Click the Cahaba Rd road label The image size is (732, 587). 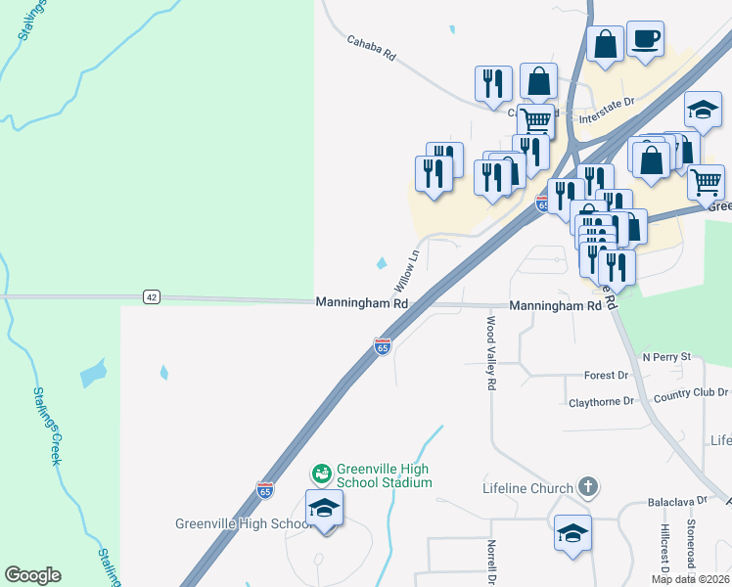[x=371, y=49]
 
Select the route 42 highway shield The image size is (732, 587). [x=150, y=296]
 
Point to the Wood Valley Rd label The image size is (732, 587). [x=491, y=353]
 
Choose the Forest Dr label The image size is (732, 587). [x=606, y=376]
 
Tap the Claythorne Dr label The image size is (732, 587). [x=601, y=401]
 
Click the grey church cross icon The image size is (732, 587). [x=587, y=486]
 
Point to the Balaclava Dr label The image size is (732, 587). [x=677, y=501]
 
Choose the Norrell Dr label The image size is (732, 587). [x=492, y=562]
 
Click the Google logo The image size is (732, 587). [x=32, y=575]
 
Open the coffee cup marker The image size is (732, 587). [x=645, y=40]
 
